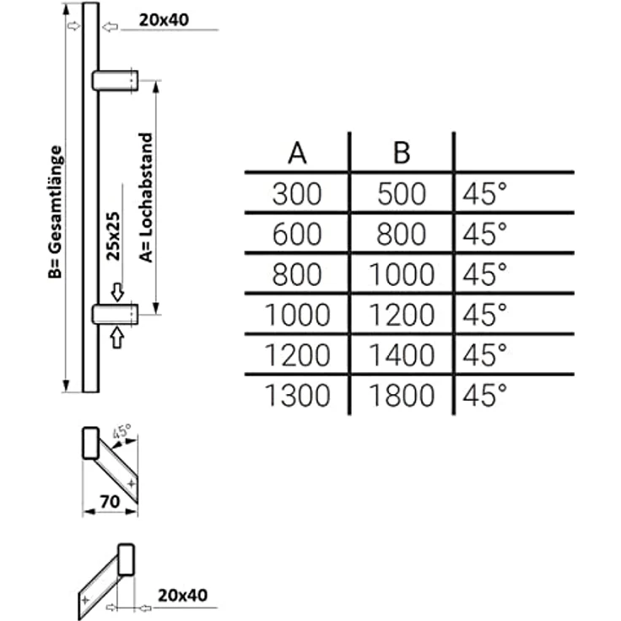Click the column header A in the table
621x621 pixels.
[297, 154]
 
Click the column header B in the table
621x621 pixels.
[401, 154]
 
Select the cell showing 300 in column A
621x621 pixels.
[297, 194]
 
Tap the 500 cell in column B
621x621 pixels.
[401, 194]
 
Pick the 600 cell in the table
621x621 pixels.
[297, 234]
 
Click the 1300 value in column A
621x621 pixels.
[297, 395]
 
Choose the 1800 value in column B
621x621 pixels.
[401, 395]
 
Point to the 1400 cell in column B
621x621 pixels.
[401, 355]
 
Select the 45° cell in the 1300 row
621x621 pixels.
[485, 395]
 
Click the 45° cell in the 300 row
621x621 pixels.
[485, 194]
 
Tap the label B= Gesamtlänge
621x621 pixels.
[55, 213]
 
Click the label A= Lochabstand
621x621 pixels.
[146, 197]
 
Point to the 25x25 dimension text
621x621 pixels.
[113, 236]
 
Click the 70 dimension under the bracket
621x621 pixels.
[110, 502]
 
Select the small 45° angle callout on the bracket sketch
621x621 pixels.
[122, 431]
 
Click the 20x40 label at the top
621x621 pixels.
[164, 19]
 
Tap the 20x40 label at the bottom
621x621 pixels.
[182, 595]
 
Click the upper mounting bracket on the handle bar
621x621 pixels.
[116, 80]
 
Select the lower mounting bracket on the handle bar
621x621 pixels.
[116, 314]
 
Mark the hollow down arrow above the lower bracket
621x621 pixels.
[117, 292]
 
